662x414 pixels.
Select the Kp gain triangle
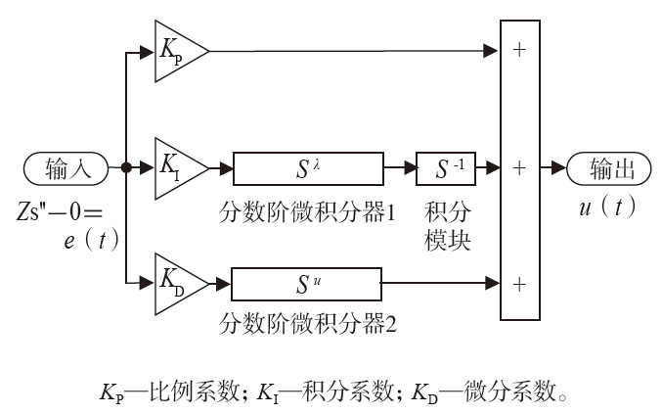(x=178, y=48)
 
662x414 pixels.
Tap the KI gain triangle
(x=178, y=167)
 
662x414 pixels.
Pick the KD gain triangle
(x=178, y=286)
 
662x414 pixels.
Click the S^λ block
(x=307, y=168)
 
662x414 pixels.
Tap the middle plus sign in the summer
(x=518, y=168)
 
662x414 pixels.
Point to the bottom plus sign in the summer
(x=518, y=285)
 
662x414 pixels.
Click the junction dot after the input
(x=125, y=168)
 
